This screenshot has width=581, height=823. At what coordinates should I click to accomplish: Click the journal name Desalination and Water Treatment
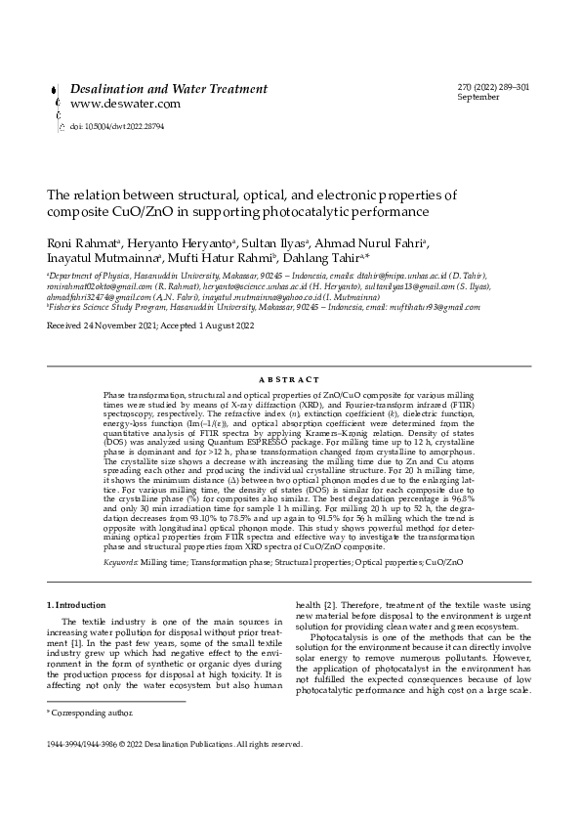pos(168,89)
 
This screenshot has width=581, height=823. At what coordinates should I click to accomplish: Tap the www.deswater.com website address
pos(124,104)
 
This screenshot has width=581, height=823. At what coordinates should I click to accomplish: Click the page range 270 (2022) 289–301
pos(493,88)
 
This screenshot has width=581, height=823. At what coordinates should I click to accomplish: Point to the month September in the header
pos(477,99)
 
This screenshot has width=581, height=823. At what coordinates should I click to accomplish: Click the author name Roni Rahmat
pos(83,243)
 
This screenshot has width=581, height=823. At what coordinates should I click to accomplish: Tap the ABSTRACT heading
pos(290,379)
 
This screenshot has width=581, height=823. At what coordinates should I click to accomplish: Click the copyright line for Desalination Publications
pos(176,744)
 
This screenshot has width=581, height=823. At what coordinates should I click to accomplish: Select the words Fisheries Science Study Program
pos(106,305)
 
